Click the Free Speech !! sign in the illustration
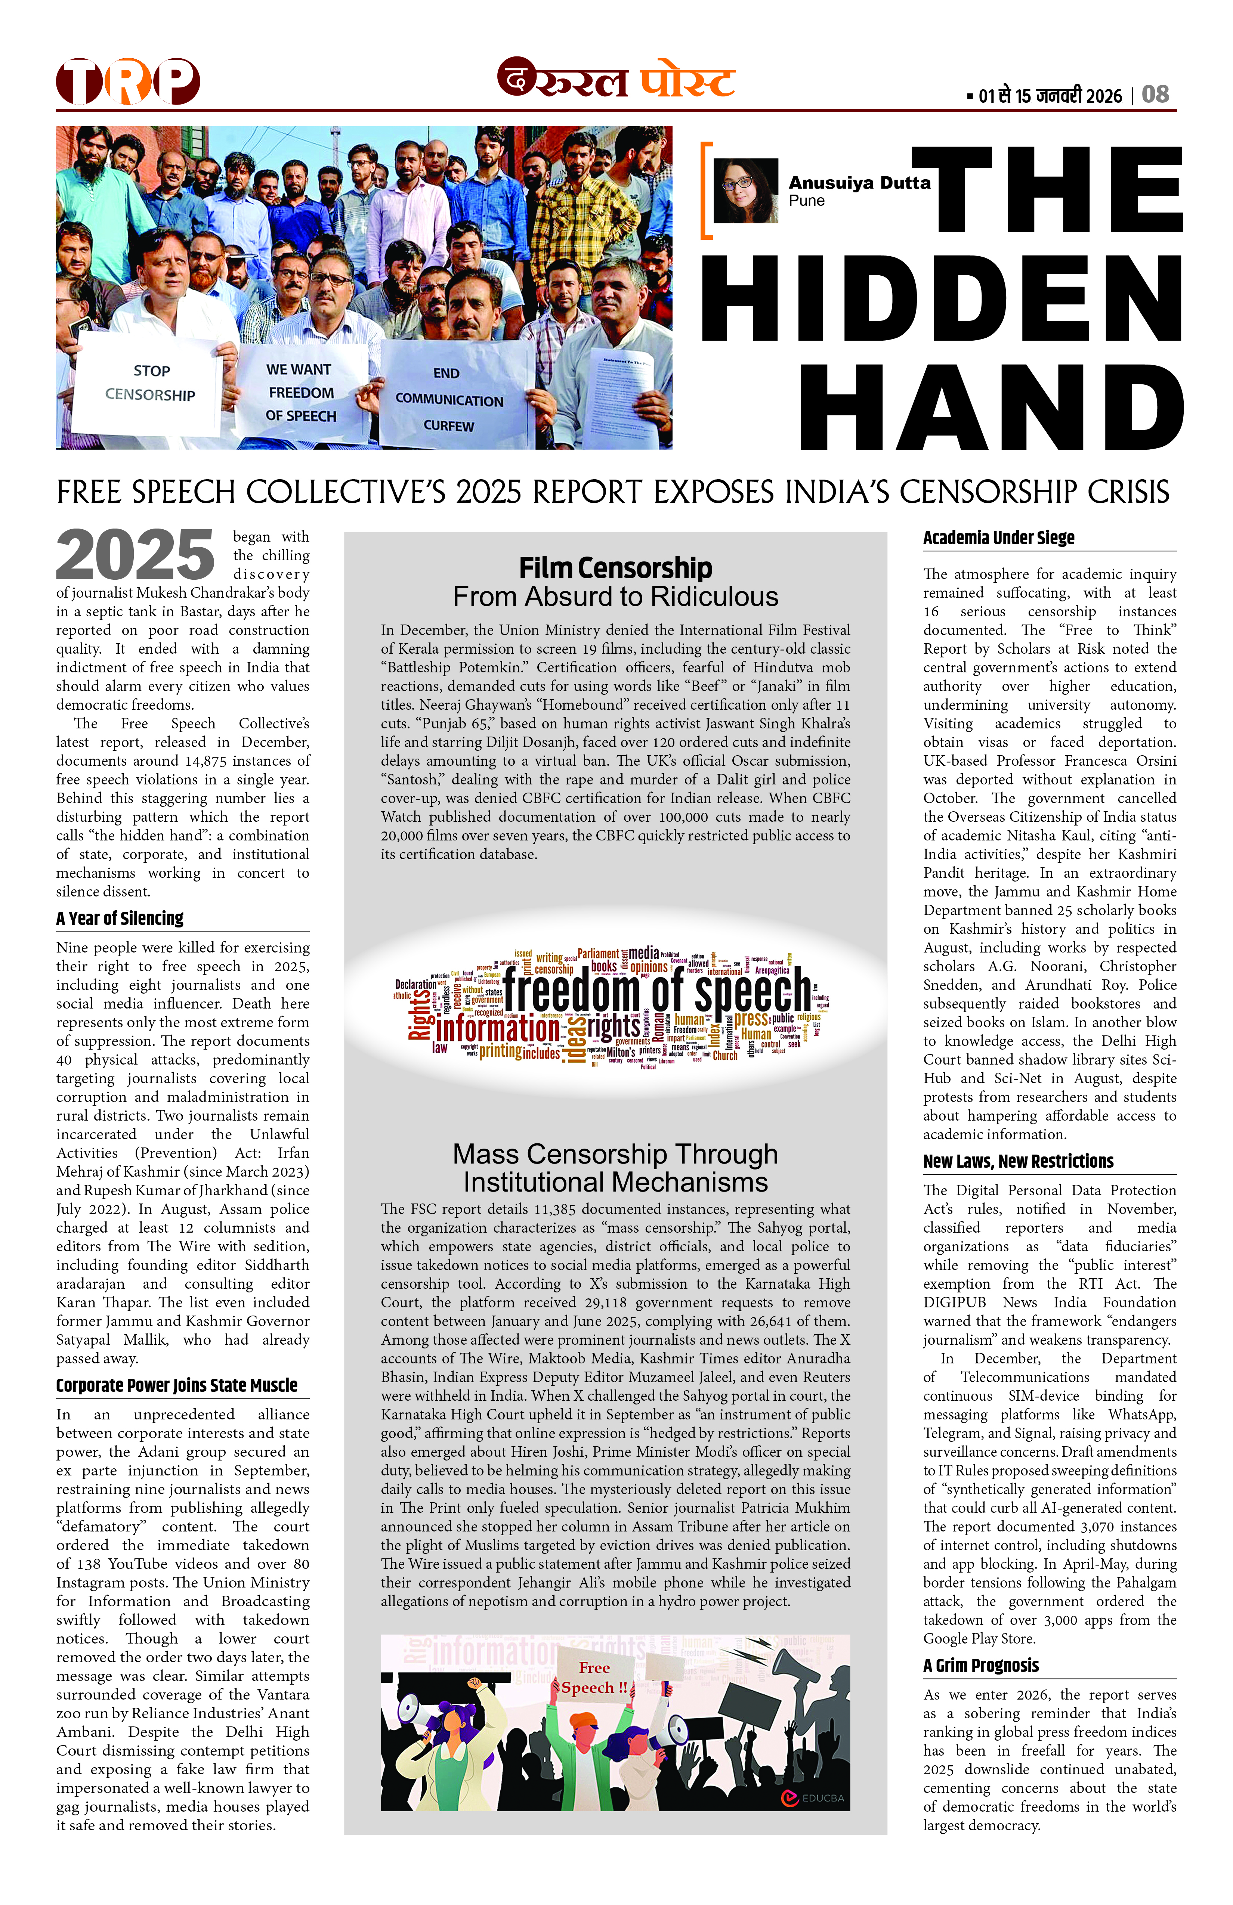coord(594,1678)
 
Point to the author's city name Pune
coord(806,201)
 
